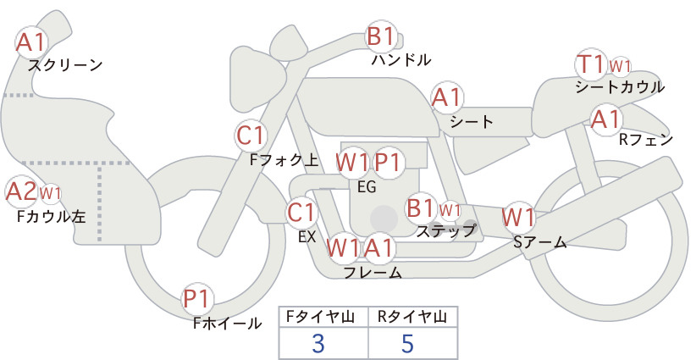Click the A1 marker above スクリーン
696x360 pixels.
tap(31, 42)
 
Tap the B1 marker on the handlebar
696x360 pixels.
tap(381, 36)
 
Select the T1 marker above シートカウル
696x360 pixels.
tap(591, 64)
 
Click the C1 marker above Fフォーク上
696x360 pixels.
tap(251, 136)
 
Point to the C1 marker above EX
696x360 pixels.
tap(301, 213)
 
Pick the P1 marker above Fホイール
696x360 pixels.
tap(197, 299)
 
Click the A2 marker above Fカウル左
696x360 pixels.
tap(21, 192)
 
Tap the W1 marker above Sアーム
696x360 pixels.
tap(518, 218)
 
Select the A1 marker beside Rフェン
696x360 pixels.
tap(606, 119)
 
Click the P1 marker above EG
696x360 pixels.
tap(389, 163)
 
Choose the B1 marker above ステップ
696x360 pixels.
tap(421, 208)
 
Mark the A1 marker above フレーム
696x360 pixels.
tap(378, 247)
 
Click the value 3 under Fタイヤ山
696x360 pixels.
tap(318, 343)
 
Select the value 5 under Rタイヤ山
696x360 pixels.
tap(407, 343)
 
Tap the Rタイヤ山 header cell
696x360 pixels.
tap(413, 317)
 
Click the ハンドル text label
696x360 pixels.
tap(400, 59)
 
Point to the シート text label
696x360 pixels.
tap(472, 121)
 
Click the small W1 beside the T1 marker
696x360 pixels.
tap(620, 67)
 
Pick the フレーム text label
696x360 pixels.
tap(373, 272)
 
